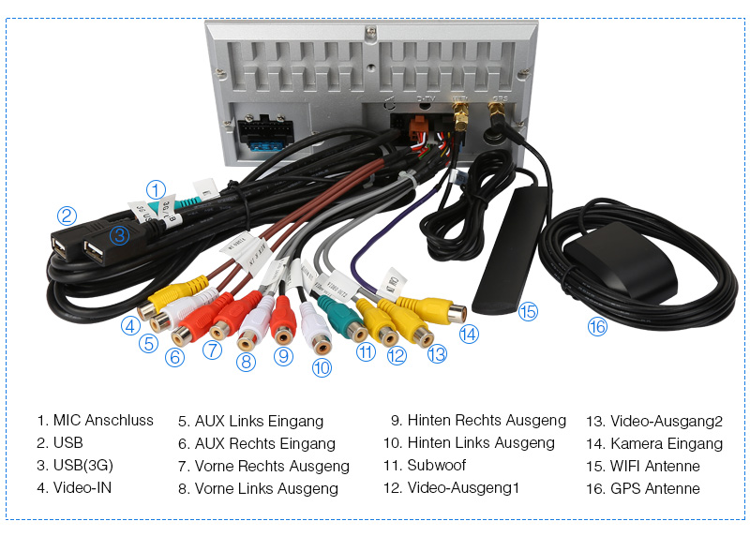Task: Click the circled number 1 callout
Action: tap(157, 189)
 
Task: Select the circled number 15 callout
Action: tap(529, 312)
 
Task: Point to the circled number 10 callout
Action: tap(322, 368)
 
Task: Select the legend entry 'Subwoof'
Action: tap(436, 466)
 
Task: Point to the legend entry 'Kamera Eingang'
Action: tap(666, 443)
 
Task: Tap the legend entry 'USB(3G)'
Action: tap(83, 466)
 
